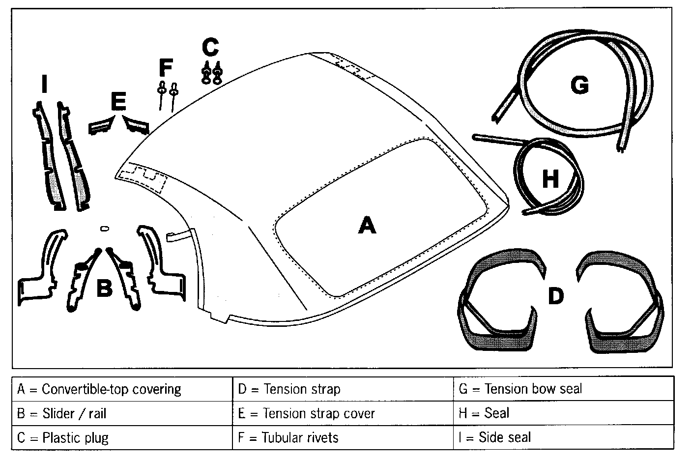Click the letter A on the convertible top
367,226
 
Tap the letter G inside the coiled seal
579,86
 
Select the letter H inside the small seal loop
550,179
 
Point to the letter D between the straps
555,296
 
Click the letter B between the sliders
104,288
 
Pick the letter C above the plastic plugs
210,48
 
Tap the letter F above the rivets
166,67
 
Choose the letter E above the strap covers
118,102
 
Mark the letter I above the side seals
44,85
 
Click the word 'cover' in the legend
358,413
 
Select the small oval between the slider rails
104,228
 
